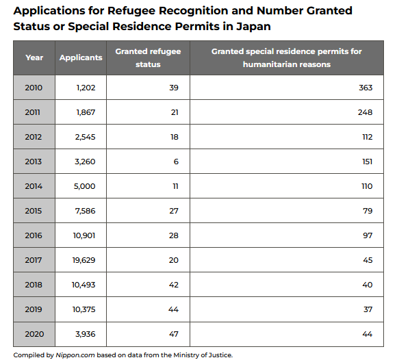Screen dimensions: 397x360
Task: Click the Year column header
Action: click(34, 57)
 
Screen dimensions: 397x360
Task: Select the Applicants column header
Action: click(81, 57)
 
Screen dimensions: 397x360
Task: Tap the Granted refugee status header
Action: click(148, 57)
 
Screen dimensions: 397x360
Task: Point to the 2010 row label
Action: click(34, 88)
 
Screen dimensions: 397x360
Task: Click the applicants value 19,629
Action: click(84, 260)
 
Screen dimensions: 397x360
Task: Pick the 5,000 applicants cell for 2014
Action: click(85, 186)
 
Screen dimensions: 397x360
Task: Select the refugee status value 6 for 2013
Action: click(176, 162)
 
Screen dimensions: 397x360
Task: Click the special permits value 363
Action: click(366, 88)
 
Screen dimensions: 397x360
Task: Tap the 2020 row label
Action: click(34, 334)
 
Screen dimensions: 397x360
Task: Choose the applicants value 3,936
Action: click(86, 334)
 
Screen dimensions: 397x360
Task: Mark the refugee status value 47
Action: click(174, 334)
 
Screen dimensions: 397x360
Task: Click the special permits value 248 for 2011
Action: click(365, 112)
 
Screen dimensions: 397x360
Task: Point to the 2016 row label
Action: click(34, 235)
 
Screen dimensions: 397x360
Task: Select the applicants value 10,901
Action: click(84, 235)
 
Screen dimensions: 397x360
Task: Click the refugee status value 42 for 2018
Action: click(174, 285)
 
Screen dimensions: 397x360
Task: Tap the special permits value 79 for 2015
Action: click(368, 211)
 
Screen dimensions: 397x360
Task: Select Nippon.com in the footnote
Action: click(75, 355)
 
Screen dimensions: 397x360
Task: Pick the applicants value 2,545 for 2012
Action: click(85, 137)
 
